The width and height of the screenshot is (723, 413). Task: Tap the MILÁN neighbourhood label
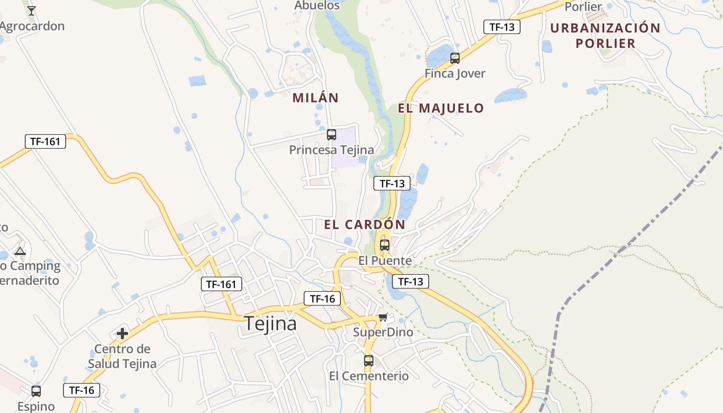[x=316, y=98]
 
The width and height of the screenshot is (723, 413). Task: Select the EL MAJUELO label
[x=441, y=108]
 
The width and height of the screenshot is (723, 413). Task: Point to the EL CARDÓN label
[x=365, y=225]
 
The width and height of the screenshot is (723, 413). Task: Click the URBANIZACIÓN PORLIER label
[x=605, y=35]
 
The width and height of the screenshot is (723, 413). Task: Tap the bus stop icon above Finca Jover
[x=455, y=58]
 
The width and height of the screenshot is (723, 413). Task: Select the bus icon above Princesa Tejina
[x=332, y=135]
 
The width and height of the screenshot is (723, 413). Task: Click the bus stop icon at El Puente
[x=385, y=245]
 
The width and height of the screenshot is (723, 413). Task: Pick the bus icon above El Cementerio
[x=369, y=361]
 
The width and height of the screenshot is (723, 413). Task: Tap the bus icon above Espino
[x=36, y=391]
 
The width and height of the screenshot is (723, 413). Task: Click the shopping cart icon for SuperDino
[x=383, y=317]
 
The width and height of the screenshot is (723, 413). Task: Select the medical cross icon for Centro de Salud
[x=122, y=333]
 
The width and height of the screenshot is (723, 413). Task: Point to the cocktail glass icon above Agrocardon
[x=32, y=10]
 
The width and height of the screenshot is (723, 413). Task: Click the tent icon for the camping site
[x=20, y=251]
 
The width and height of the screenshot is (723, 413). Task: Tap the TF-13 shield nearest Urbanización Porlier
[x=501, y=27]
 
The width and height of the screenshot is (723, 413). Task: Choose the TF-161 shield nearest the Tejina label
[x=221, y=283]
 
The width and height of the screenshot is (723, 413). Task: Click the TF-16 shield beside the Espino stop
[x=82, y=390]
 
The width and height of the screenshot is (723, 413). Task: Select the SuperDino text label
[x=383, y=332]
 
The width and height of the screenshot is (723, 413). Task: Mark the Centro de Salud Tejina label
[x=122, y=356]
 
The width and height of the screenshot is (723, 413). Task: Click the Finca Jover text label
[x=455, y=73]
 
